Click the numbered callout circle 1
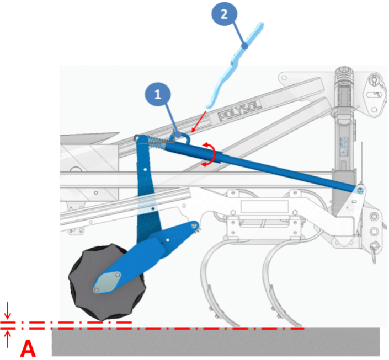(158, 94)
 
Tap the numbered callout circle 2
(224, 14)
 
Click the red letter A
(28, 348)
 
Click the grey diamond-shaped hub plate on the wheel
(107, 283)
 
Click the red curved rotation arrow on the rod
(209, 154)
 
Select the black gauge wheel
(107, 282)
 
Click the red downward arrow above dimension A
(8, 310)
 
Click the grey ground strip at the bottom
(216, 342)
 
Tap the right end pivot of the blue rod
(360, 190)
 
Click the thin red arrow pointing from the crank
(199, 121)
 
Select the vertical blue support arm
(148, 191)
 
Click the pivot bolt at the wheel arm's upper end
(194, 225)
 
